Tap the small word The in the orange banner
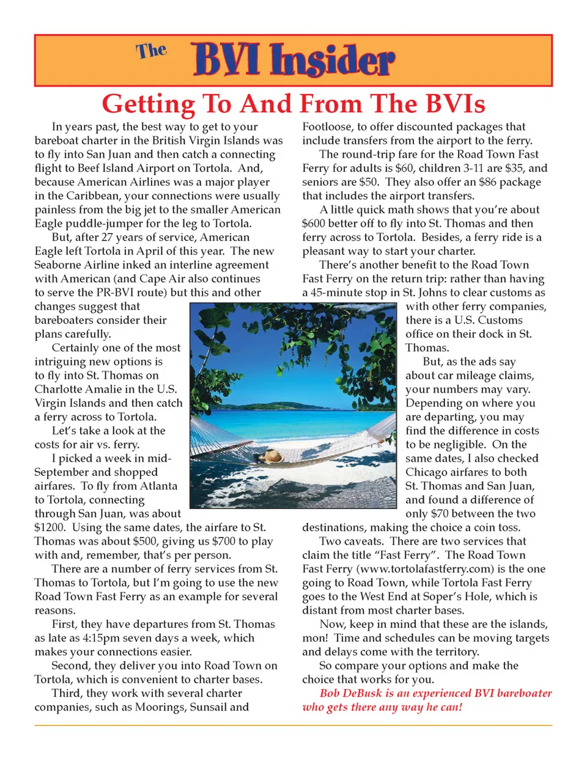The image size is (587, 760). click(151, 51)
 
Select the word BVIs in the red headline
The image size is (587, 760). click(447, 103)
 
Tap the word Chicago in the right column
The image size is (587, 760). click(427, 472)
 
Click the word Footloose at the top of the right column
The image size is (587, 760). click(327, 127)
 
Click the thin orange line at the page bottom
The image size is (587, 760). click(293, 726)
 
